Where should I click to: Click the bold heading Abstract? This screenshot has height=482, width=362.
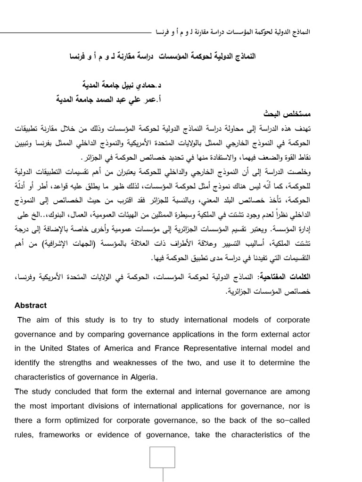[x=31, y=305]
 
